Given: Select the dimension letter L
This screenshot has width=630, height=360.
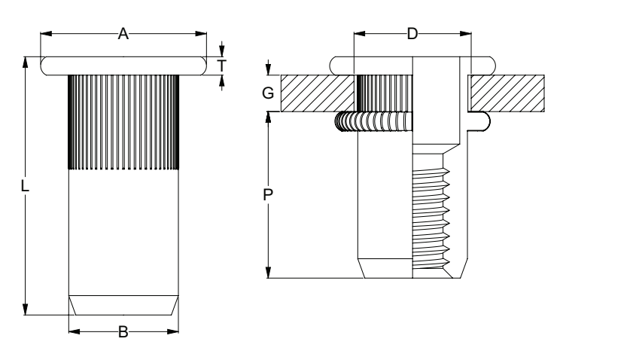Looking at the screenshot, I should coord(26,187).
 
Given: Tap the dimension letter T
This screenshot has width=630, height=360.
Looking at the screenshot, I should coord(221,66).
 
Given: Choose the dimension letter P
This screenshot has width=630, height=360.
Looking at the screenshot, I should coord(269,195).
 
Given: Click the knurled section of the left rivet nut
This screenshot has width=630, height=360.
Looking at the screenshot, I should coord(123,121).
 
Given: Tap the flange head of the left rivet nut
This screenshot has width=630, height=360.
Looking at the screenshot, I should coord(123,66).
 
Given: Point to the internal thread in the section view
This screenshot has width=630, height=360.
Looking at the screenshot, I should coord(431,218).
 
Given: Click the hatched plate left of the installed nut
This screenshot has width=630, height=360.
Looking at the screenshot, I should coord(316,93).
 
